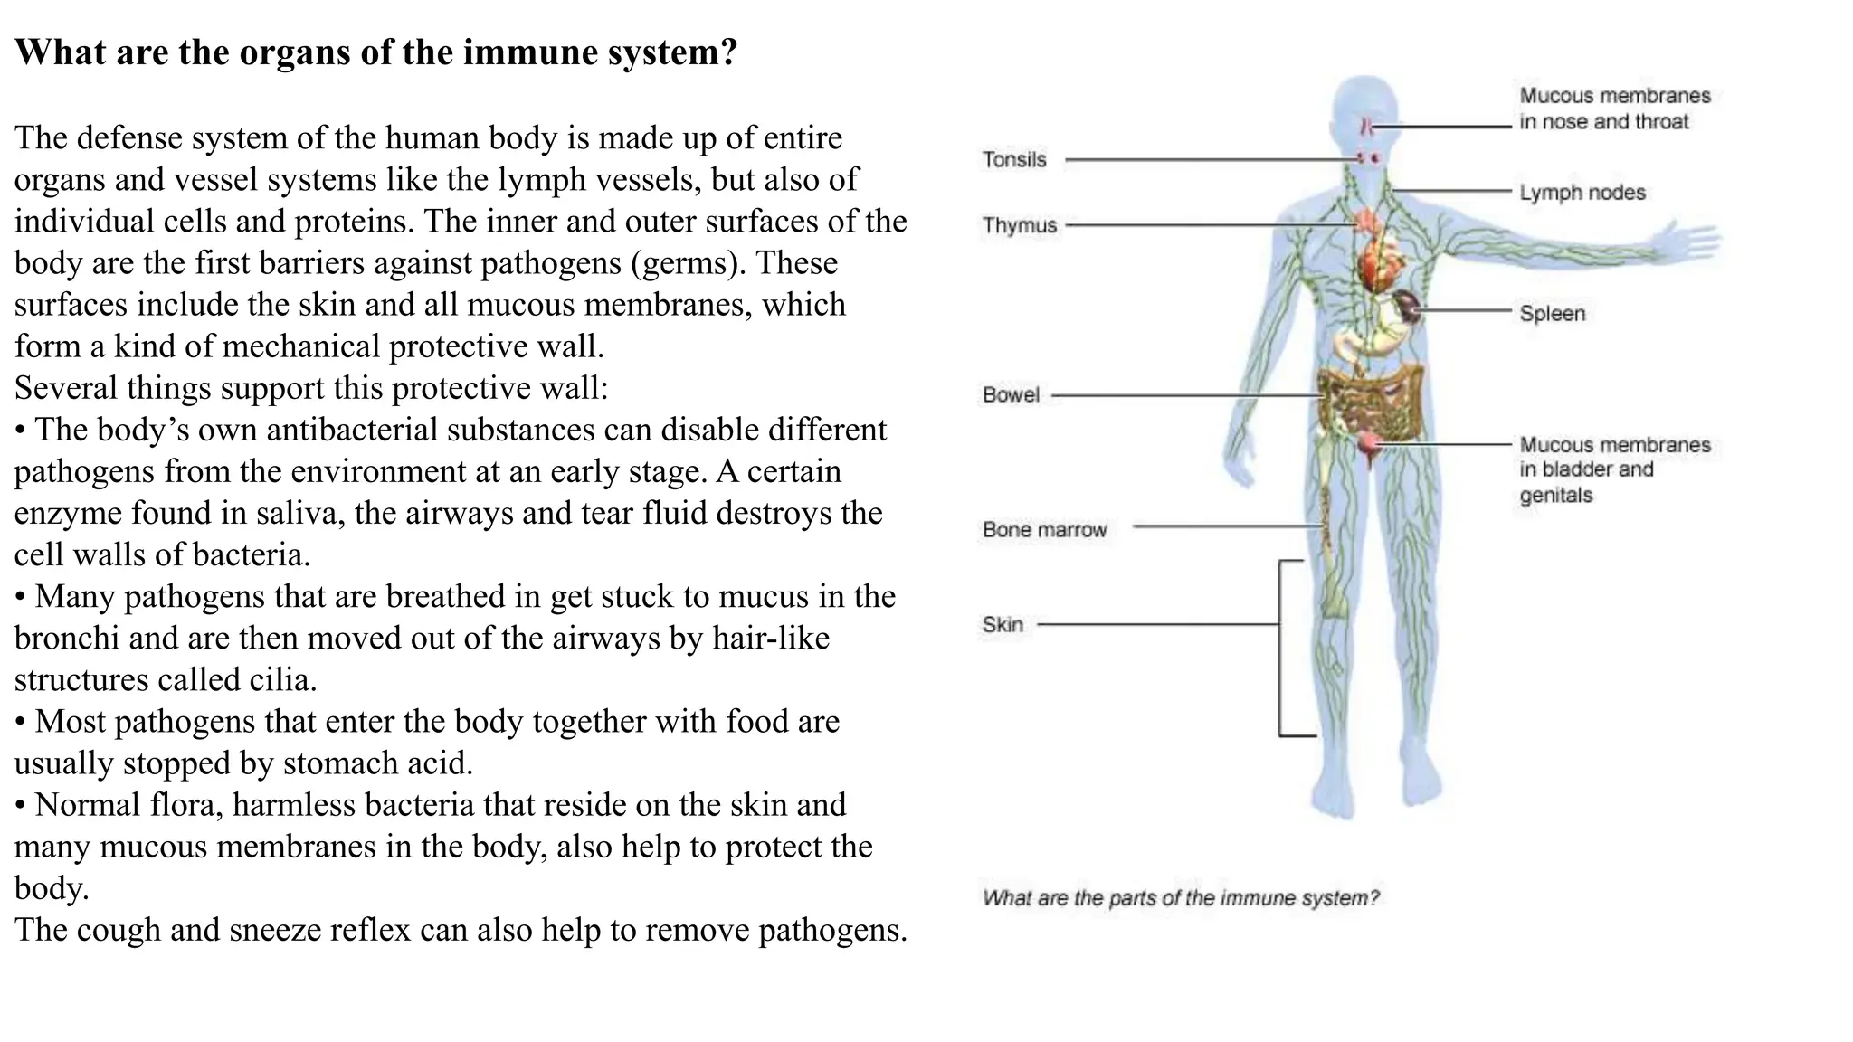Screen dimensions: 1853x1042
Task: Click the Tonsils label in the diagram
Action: [1014, 160]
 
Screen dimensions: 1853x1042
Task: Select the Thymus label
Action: [1020, 225]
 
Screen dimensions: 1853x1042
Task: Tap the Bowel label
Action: [1011, 395]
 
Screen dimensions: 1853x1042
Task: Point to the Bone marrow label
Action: [1044, 530]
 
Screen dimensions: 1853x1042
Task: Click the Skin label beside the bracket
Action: [1003, 625]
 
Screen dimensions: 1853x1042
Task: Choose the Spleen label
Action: [1552, 314]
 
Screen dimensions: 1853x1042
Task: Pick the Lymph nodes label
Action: [1582, 193]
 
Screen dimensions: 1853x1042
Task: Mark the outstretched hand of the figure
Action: [1687, 242]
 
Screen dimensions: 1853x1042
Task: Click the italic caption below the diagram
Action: [1181, 898]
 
